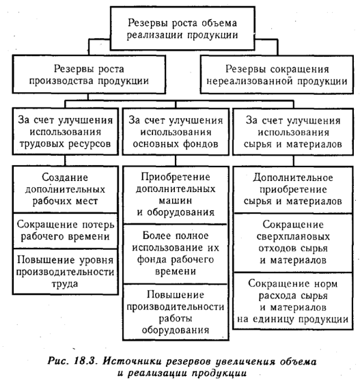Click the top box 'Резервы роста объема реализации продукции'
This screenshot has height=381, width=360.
click(182, 29)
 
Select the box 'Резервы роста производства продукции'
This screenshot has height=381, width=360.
click(89, 74)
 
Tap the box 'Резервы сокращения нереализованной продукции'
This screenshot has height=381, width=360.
click(277, 74)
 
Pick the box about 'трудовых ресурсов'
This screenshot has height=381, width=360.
click(66, 132)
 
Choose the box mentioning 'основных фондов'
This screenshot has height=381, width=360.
click(176, 132)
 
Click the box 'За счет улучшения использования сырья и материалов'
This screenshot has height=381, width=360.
click(293, 132)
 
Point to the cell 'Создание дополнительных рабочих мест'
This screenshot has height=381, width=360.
click(66, 189)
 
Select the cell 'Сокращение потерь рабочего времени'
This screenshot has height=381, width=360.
click(66, 231)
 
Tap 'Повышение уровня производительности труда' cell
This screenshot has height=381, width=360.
click(66, 272)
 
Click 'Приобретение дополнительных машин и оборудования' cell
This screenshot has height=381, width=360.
click(176, 195)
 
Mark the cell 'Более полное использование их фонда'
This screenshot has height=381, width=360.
click(176, 254)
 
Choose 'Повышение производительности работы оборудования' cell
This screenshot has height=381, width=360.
click(176, 312)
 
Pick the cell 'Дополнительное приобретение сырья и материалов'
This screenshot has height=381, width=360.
click(293, 190)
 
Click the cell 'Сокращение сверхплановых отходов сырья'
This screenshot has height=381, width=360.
click(293, 243)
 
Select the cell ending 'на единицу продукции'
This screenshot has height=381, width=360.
click(293, 301)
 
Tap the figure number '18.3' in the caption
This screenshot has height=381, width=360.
click(83, 361)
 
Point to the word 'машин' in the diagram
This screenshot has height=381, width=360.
click(176, 201)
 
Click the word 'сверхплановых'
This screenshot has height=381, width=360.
click(293, 237)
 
